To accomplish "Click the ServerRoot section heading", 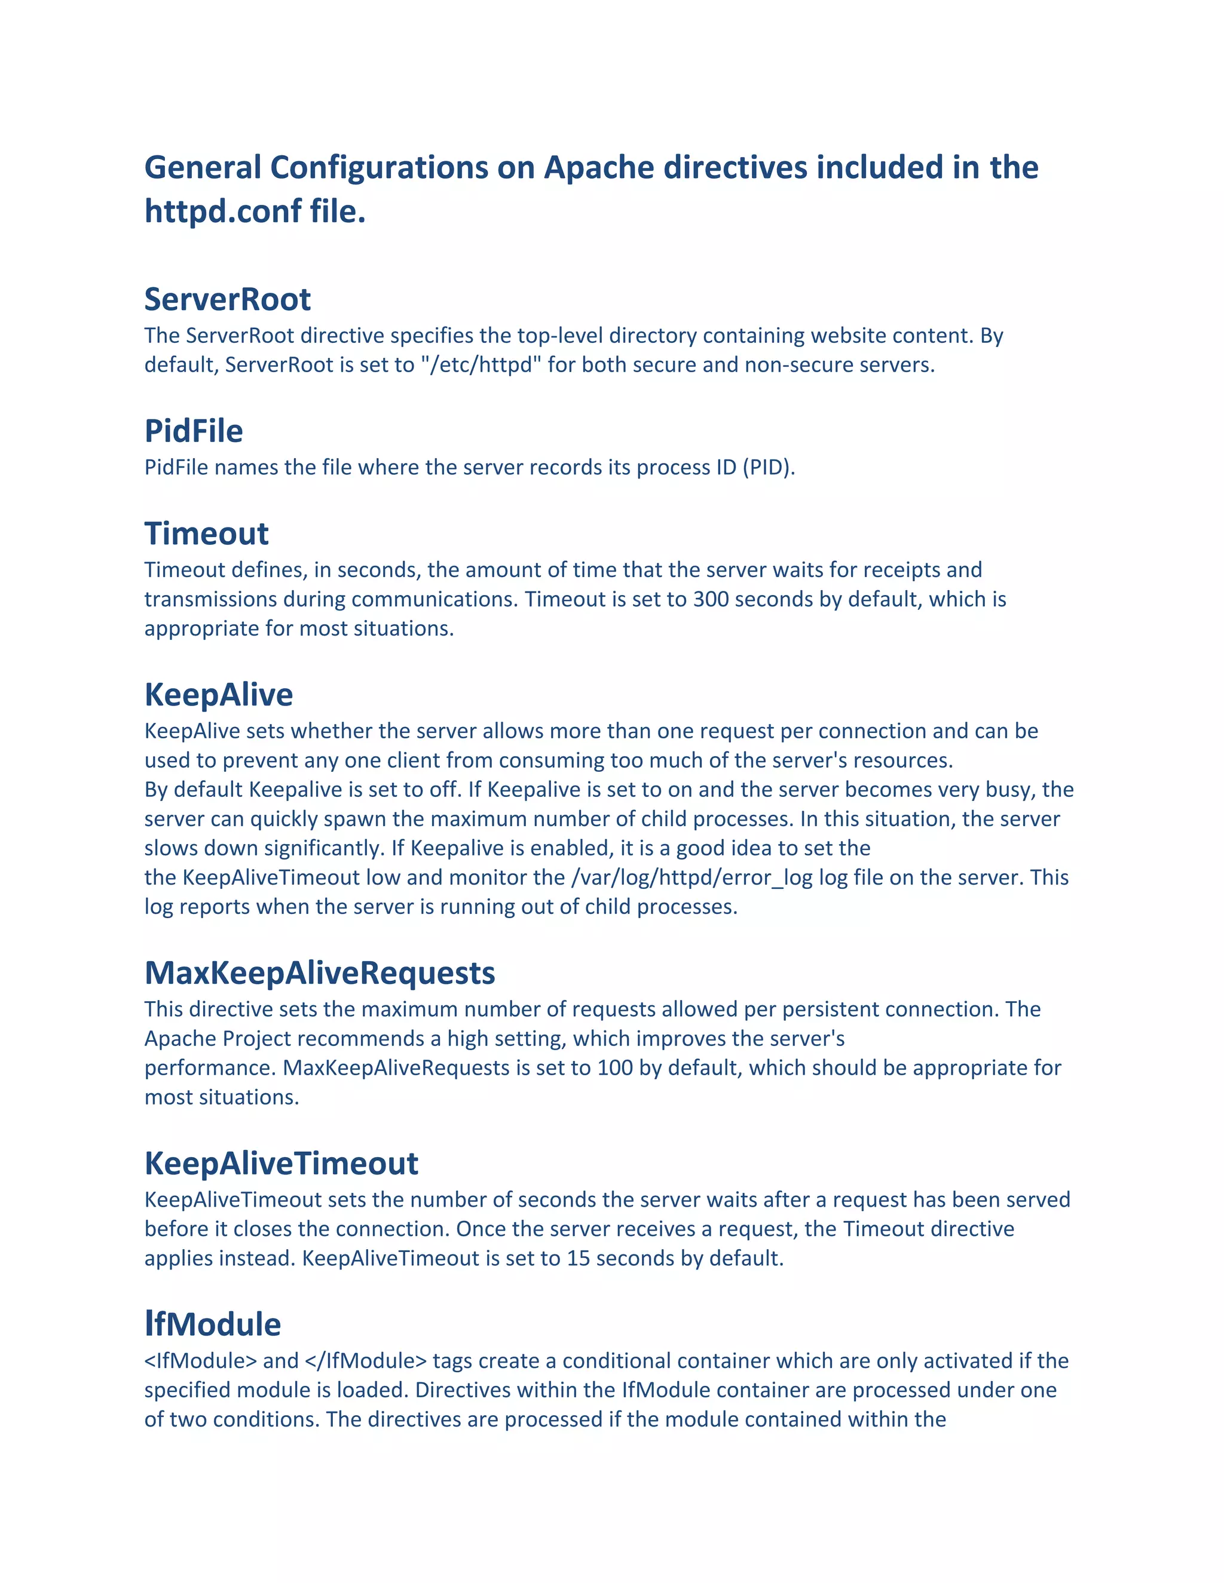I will click(227, 299).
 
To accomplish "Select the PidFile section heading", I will click(194, 431).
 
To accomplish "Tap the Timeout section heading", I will click(206, 534).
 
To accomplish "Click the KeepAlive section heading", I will click(218, 695).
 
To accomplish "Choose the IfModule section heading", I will click(212, 1325).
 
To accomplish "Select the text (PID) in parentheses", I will click(769, 468).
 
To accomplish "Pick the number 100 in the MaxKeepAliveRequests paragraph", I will click(615, 1069).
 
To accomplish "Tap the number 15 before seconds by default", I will click(578, 1258).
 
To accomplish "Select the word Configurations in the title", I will click(380, 167).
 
